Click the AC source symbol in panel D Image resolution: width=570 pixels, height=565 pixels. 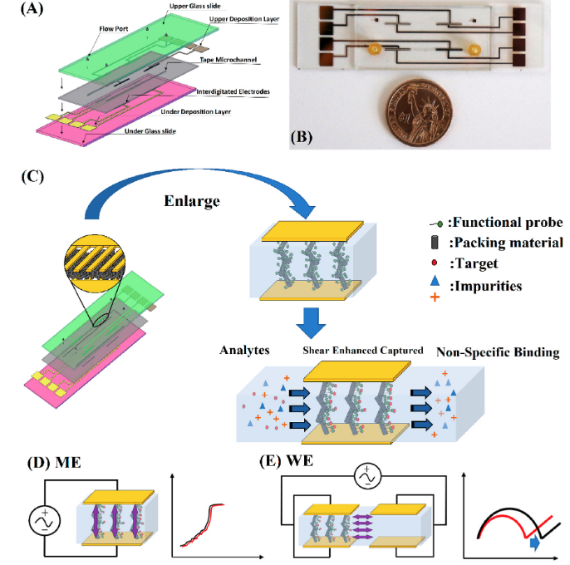[43, 521]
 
